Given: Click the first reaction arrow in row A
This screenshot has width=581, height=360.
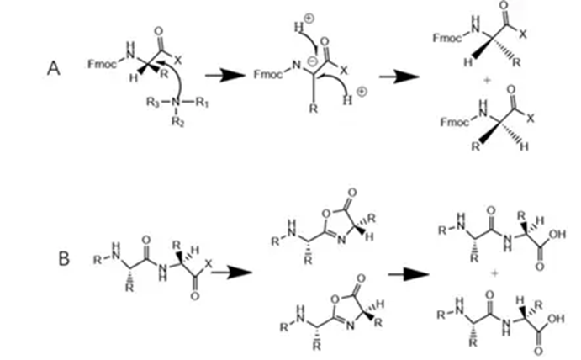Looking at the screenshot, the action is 221,76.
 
